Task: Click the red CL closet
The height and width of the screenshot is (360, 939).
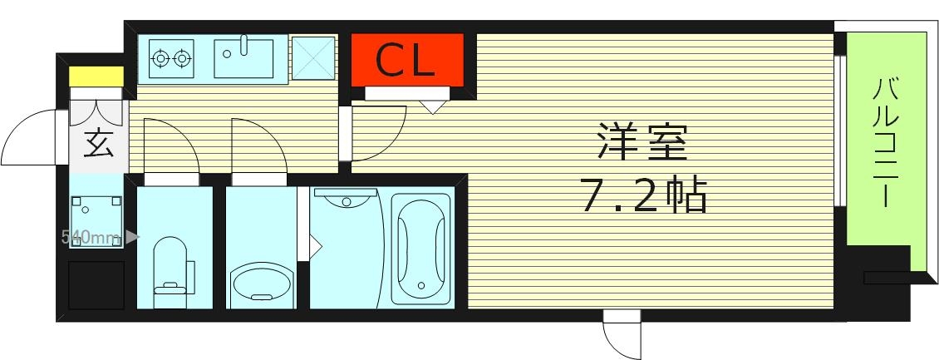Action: [406, 59]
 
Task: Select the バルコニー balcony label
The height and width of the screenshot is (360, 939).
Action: [882, 141]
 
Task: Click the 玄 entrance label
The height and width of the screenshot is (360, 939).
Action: [97, 145]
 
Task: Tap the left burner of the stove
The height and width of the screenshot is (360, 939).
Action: [161, 58]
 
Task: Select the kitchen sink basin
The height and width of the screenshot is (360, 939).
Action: [243, 57]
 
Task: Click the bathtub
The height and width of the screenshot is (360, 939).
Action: [421, 248]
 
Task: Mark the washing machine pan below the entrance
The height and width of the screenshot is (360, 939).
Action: [96, 215]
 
